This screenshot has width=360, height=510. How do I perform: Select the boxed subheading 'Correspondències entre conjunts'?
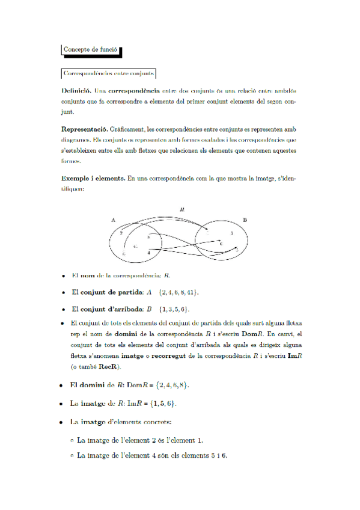coord(109,73)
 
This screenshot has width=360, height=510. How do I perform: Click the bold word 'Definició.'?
coord(76,90)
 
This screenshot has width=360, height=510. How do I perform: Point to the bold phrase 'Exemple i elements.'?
coord(92,178)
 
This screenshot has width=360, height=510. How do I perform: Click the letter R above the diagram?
coord(182,209)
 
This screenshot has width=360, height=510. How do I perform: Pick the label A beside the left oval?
coord(114,221)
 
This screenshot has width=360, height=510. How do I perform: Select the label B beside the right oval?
coord(245,220)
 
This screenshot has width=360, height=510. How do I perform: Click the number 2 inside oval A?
coord(121,232)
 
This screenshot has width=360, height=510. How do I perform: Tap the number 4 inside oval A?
coord(148,253)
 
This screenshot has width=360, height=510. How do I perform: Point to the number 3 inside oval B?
coord(231,233)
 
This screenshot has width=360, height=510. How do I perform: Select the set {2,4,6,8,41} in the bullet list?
coord(178,292)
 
